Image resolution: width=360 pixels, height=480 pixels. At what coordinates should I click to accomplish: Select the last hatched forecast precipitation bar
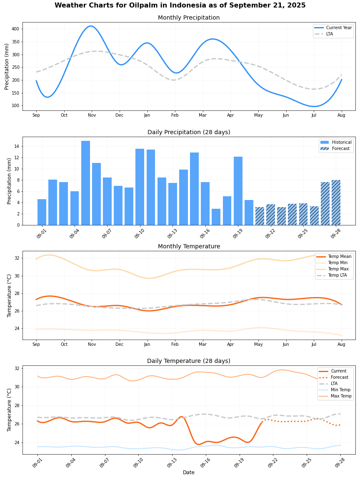click(336, 202)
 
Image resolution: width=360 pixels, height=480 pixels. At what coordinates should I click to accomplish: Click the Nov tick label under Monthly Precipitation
click(92, 115)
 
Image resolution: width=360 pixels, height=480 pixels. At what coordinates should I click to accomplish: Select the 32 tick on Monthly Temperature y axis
click(17, 258)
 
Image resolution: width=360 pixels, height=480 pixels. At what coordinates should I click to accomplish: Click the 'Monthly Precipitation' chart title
click(188, 18)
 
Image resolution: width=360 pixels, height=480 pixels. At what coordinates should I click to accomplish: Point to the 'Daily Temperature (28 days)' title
click(188, 361)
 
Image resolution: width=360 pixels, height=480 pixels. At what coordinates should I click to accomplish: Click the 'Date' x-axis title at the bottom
click(188, 472)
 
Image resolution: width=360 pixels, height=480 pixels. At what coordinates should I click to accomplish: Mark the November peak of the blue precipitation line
click(91, 26)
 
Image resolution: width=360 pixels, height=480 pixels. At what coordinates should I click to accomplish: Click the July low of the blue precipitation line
click(314, 106)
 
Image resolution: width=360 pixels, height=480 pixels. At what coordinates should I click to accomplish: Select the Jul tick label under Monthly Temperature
click(314, 344)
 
